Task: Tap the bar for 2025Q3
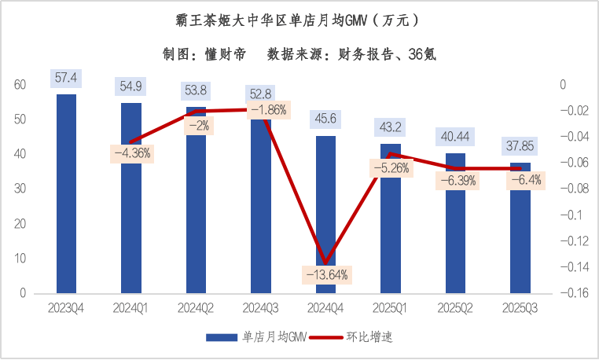coord(520,228)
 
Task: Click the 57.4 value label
coord(66,78)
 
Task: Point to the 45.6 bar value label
coord(325,119)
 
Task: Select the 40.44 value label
coord(455,136)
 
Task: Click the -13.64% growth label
coord(325,274)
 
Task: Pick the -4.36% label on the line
coord(132,153)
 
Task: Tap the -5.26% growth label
coord(391,167)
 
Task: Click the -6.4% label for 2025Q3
coord(520,180)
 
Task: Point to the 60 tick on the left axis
coord(20,85)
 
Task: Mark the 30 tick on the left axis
coord(20,189)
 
